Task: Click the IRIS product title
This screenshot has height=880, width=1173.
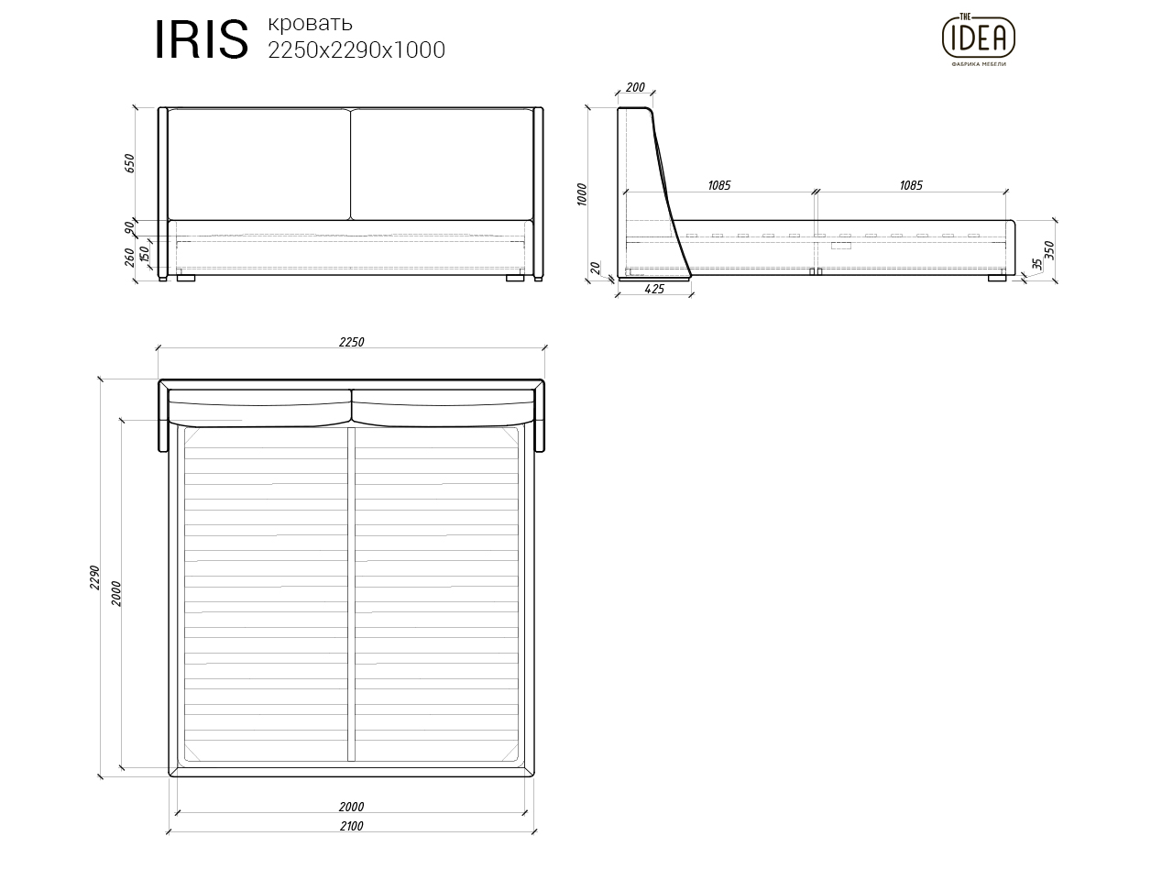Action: pyautogui.click(x=202, y=40)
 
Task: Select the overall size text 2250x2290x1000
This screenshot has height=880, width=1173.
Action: pyautogui.click(x=356, y=50)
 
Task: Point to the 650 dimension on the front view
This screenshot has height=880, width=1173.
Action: pyautogui.click(x=129, y=163)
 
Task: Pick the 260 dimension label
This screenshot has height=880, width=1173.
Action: pyautogui.click(x=129, y=258)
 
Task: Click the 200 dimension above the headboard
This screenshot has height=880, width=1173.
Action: pyautogui.click(x=634, y=88)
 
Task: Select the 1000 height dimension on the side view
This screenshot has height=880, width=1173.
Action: pyautogui.click(x=582, y=193)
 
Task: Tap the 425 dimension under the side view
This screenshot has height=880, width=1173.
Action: pyautogui.click(x=654, y=289)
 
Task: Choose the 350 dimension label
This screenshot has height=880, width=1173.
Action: pyautogui.click(x=1050, y=249)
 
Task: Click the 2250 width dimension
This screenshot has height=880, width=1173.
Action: pyautogui.click(x=351, y=342)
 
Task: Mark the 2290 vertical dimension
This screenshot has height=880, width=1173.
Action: pyautogui.click(x=93, y=577)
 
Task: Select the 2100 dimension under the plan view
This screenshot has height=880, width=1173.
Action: pyautogui.click(x=351, y=826)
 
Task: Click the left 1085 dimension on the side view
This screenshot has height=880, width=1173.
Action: pyautogui.click(x=718, y=185)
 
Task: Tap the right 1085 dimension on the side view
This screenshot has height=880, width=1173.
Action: pyautogui.click(x=910, y=185)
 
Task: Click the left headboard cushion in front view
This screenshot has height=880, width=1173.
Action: pyautogui.click(x=258, y=165)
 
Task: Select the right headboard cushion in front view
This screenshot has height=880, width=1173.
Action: pyautogui.click(x=442, y=165)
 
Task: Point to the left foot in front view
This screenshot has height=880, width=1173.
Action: pyautogui.click(x=186, y=277)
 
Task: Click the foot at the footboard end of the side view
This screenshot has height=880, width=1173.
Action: pyautogui.click(x=997, y=277)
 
